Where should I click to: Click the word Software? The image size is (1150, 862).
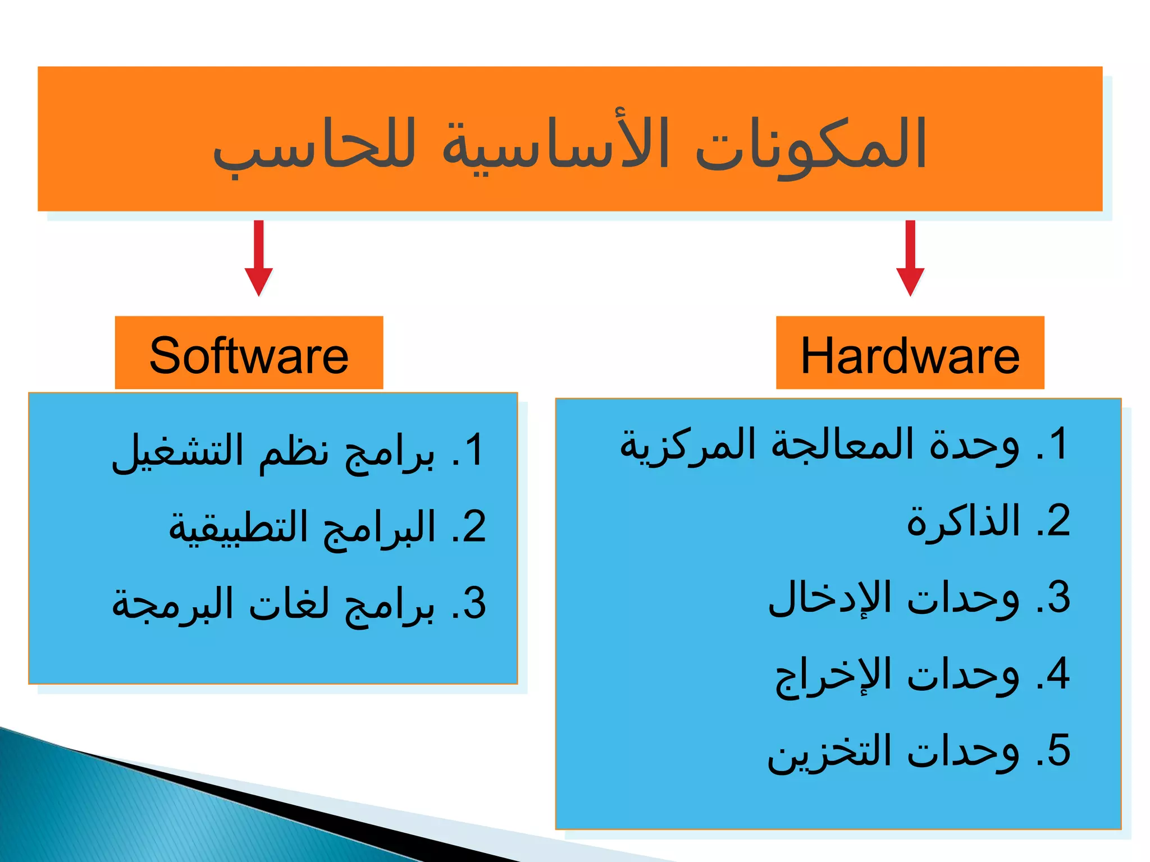249,355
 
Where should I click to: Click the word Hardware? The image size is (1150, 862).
910,355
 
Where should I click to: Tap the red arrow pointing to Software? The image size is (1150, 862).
259,258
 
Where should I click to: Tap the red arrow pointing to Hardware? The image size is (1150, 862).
910,258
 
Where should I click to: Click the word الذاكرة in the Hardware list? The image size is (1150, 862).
963,521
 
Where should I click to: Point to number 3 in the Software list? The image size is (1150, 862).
474,604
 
